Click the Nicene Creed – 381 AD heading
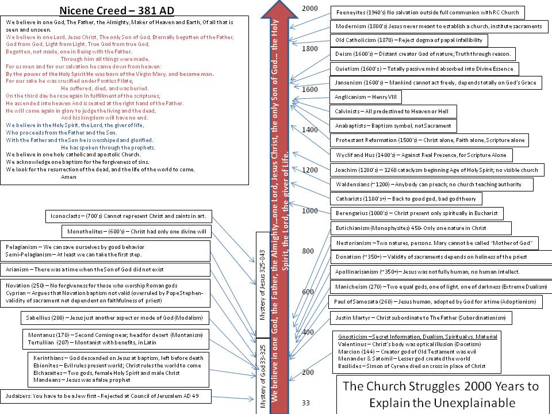pyautogui.click(x=117, y=10)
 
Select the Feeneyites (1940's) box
pyautogui.click(x=427, y=12)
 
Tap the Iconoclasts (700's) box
pyautogui.click(x=129, y=216)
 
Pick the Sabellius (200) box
pyautogui.click(x=115, y=317)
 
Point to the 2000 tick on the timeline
pyautogui.click(x=310, y=8)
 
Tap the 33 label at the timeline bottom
pyautogui.click(x=306, y=402)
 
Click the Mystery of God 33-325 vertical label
pyautogui.click(x=263, y=377)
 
